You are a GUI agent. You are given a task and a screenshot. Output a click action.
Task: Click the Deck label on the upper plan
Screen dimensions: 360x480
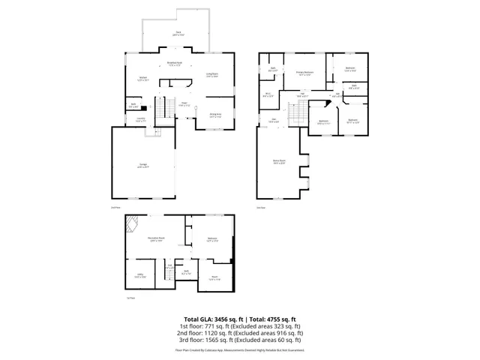[x=178, y=32]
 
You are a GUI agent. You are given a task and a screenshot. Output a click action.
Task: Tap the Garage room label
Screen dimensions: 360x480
[x=142, y=166]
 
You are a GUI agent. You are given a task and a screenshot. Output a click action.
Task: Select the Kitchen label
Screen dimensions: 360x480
[x=142, y=77]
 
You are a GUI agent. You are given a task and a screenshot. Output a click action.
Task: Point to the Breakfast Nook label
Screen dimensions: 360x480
[x=176, y=64]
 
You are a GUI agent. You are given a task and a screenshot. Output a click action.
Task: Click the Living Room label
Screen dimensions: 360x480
[x=211, y=74]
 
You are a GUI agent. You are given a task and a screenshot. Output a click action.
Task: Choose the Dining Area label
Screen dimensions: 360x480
[x=214, y=115]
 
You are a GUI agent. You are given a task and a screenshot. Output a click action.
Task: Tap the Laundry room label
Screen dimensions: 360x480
[x=140, y=118]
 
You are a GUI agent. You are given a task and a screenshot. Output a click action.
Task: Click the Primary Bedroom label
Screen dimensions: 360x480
[x=304, y=73]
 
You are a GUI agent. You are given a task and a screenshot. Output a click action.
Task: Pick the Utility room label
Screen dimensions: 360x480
[x=139, y=275]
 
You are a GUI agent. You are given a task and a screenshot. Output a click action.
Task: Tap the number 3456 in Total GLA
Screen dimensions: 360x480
[x=223, y=319]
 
